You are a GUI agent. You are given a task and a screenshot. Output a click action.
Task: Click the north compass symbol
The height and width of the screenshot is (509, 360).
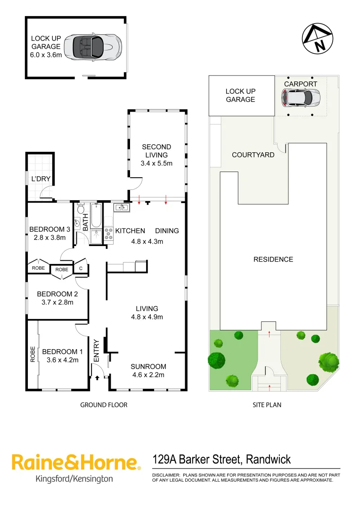coord(318,38)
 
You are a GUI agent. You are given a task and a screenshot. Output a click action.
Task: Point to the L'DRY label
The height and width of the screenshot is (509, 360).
coord(41,179)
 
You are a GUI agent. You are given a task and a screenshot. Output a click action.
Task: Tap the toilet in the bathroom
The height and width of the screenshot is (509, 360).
coord(81,209)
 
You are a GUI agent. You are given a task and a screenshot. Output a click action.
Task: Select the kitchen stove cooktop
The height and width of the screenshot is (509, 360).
coord(108,234)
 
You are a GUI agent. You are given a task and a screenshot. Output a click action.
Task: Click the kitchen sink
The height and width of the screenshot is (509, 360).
coord(119,206)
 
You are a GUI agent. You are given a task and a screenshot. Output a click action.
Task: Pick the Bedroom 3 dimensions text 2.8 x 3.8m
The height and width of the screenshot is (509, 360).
coord(49,238)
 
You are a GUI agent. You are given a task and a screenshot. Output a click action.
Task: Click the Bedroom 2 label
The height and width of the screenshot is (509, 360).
coord(57,294)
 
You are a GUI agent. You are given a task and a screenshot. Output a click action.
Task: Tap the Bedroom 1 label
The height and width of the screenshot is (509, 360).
coord(62,352)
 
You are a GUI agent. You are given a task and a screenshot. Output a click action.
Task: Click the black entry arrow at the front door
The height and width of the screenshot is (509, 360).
coord(98,377)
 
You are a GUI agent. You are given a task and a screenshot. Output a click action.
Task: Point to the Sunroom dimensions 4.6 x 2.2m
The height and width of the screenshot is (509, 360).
coord(148,375)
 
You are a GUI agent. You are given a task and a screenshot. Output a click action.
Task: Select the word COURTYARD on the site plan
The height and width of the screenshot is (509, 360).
coord(253,155)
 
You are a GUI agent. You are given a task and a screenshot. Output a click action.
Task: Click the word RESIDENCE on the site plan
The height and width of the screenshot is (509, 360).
coord(273,259)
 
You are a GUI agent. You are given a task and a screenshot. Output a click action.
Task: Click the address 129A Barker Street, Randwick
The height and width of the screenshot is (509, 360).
coord(221,460)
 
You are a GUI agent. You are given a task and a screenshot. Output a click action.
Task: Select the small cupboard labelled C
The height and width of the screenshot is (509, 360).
coord(81,269)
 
